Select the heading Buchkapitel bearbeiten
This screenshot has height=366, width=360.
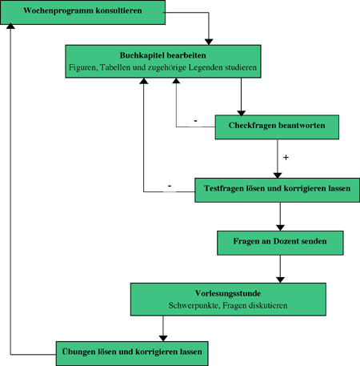pyautogui.click(x=162, y=55)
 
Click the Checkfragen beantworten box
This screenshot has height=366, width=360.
pyautogui.click(x=277, y=127)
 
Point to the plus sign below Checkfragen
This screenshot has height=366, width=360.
pyautogui.click(x=286, y=158)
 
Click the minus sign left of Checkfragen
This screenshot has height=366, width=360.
pyautogui.click(x=195, y=121)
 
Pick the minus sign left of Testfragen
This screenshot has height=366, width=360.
pyautogui.click(x=170, y=186)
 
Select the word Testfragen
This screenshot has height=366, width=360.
pyautogui.click(x=224, y=188)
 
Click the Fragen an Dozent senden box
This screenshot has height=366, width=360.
pyautogui.click(x=280, y=243)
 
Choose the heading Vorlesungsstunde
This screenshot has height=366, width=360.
pyautogui.click(x=228, y=293)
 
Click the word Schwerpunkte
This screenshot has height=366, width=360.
pyautogui.click(x=194, y=305)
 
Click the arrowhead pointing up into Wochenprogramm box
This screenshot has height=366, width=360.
pyautogui.click(x=10, y=26)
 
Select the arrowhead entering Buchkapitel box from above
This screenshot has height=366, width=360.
pyautogui.click(x=209, y=42)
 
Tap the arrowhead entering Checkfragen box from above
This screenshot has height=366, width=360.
pyautogui.click(x=241, y=113)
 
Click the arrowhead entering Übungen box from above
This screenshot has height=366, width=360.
pyautogui.click(x=163, y=338)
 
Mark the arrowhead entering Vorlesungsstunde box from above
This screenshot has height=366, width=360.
pyautogui.click(x=280, y=280)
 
